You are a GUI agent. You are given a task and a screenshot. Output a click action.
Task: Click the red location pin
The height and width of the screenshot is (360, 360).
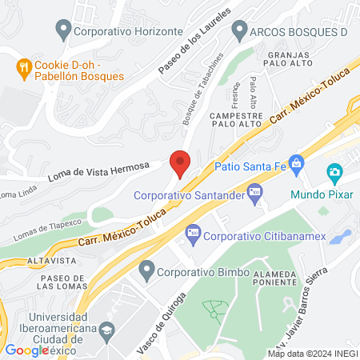pyautogui.click(x=180, y=162)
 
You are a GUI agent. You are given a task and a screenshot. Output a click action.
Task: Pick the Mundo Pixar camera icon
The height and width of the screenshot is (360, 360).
pyautogui.click(x=335, y=172)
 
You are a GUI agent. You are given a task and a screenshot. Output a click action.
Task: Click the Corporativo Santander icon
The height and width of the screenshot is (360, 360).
pyautogui.click(x=255, y=190)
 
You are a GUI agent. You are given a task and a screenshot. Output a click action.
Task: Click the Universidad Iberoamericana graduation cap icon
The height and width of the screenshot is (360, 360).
pyautogui.click(x=106, y=331)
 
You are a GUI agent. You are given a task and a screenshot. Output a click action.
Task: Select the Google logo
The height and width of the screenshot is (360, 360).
pyautogui.click(x=27, y=350)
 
